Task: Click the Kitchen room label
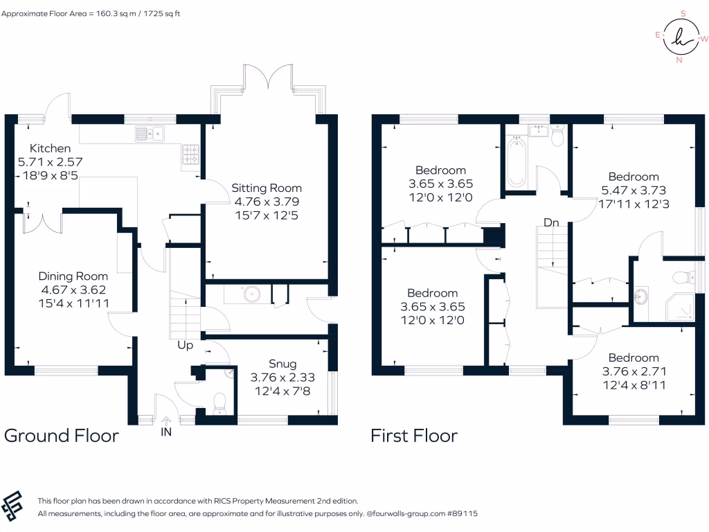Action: (x=49, y=148)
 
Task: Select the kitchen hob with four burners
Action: (x=190, y=156)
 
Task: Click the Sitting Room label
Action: (x=267, y=188)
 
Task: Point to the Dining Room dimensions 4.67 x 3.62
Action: (x=73, y=290)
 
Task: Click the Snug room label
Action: (x=282, y=364)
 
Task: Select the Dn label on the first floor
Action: (x=551, y=223)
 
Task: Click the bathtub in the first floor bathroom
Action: (x=517, y=162)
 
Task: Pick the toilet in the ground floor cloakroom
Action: (x=219, y=402)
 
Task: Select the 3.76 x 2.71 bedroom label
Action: (x=634, y=371)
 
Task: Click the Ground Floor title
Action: (x=62, y=436)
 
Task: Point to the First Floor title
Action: (x=414, y=436)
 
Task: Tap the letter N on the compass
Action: (x=679, y=60)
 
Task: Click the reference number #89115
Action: (x=462, y=514)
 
